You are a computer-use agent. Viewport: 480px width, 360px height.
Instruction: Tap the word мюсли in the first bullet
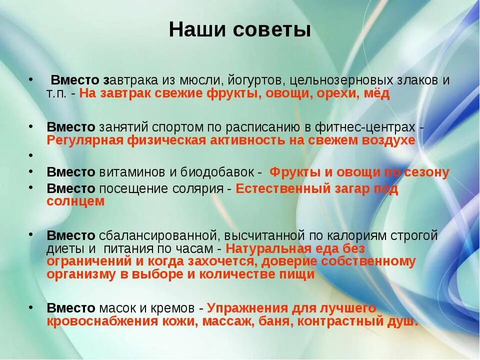[x=202, y=80]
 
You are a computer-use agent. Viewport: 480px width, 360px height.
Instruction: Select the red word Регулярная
[x=85, y=140]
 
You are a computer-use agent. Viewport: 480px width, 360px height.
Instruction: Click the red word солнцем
[x=75, y=201]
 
